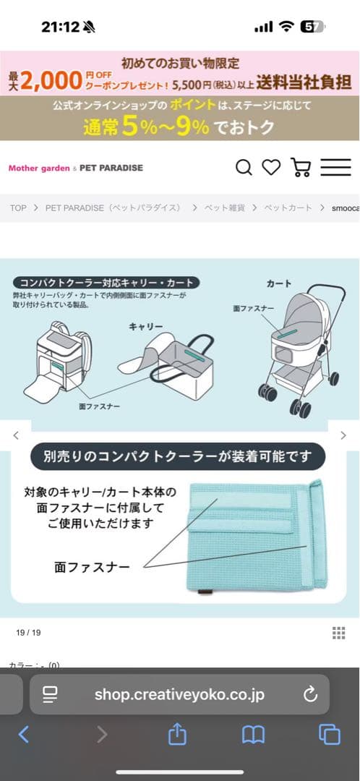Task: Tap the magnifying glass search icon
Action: [x=244, y=168]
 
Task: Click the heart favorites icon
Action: [x=271, y=168]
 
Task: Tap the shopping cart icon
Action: [x=300, y=168]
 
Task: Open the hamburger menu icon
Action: [x=335, y=168]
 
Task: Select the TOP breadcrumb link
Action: [x=18, y=208]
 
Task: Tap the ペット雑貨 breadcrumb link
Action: [x=224, y=208]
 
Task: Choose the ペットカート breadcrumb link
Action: [x=288, y=208]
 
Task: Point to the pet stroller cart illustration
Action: [x=300, y=354]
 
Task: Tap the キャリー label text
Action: [x=145, y=326]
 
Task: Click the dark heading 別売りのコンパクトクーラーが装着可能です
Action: [x=179, y=457]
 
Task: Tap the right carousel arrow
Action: [x=343, y=435]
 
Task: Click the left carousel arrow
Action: [x=16, y=435]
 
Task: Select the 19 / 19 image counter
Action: [x=28, y=633]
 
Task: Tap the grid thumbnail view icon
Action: [x=338, y=633]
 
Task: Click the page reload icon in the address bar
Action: [x=310, y=695]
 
